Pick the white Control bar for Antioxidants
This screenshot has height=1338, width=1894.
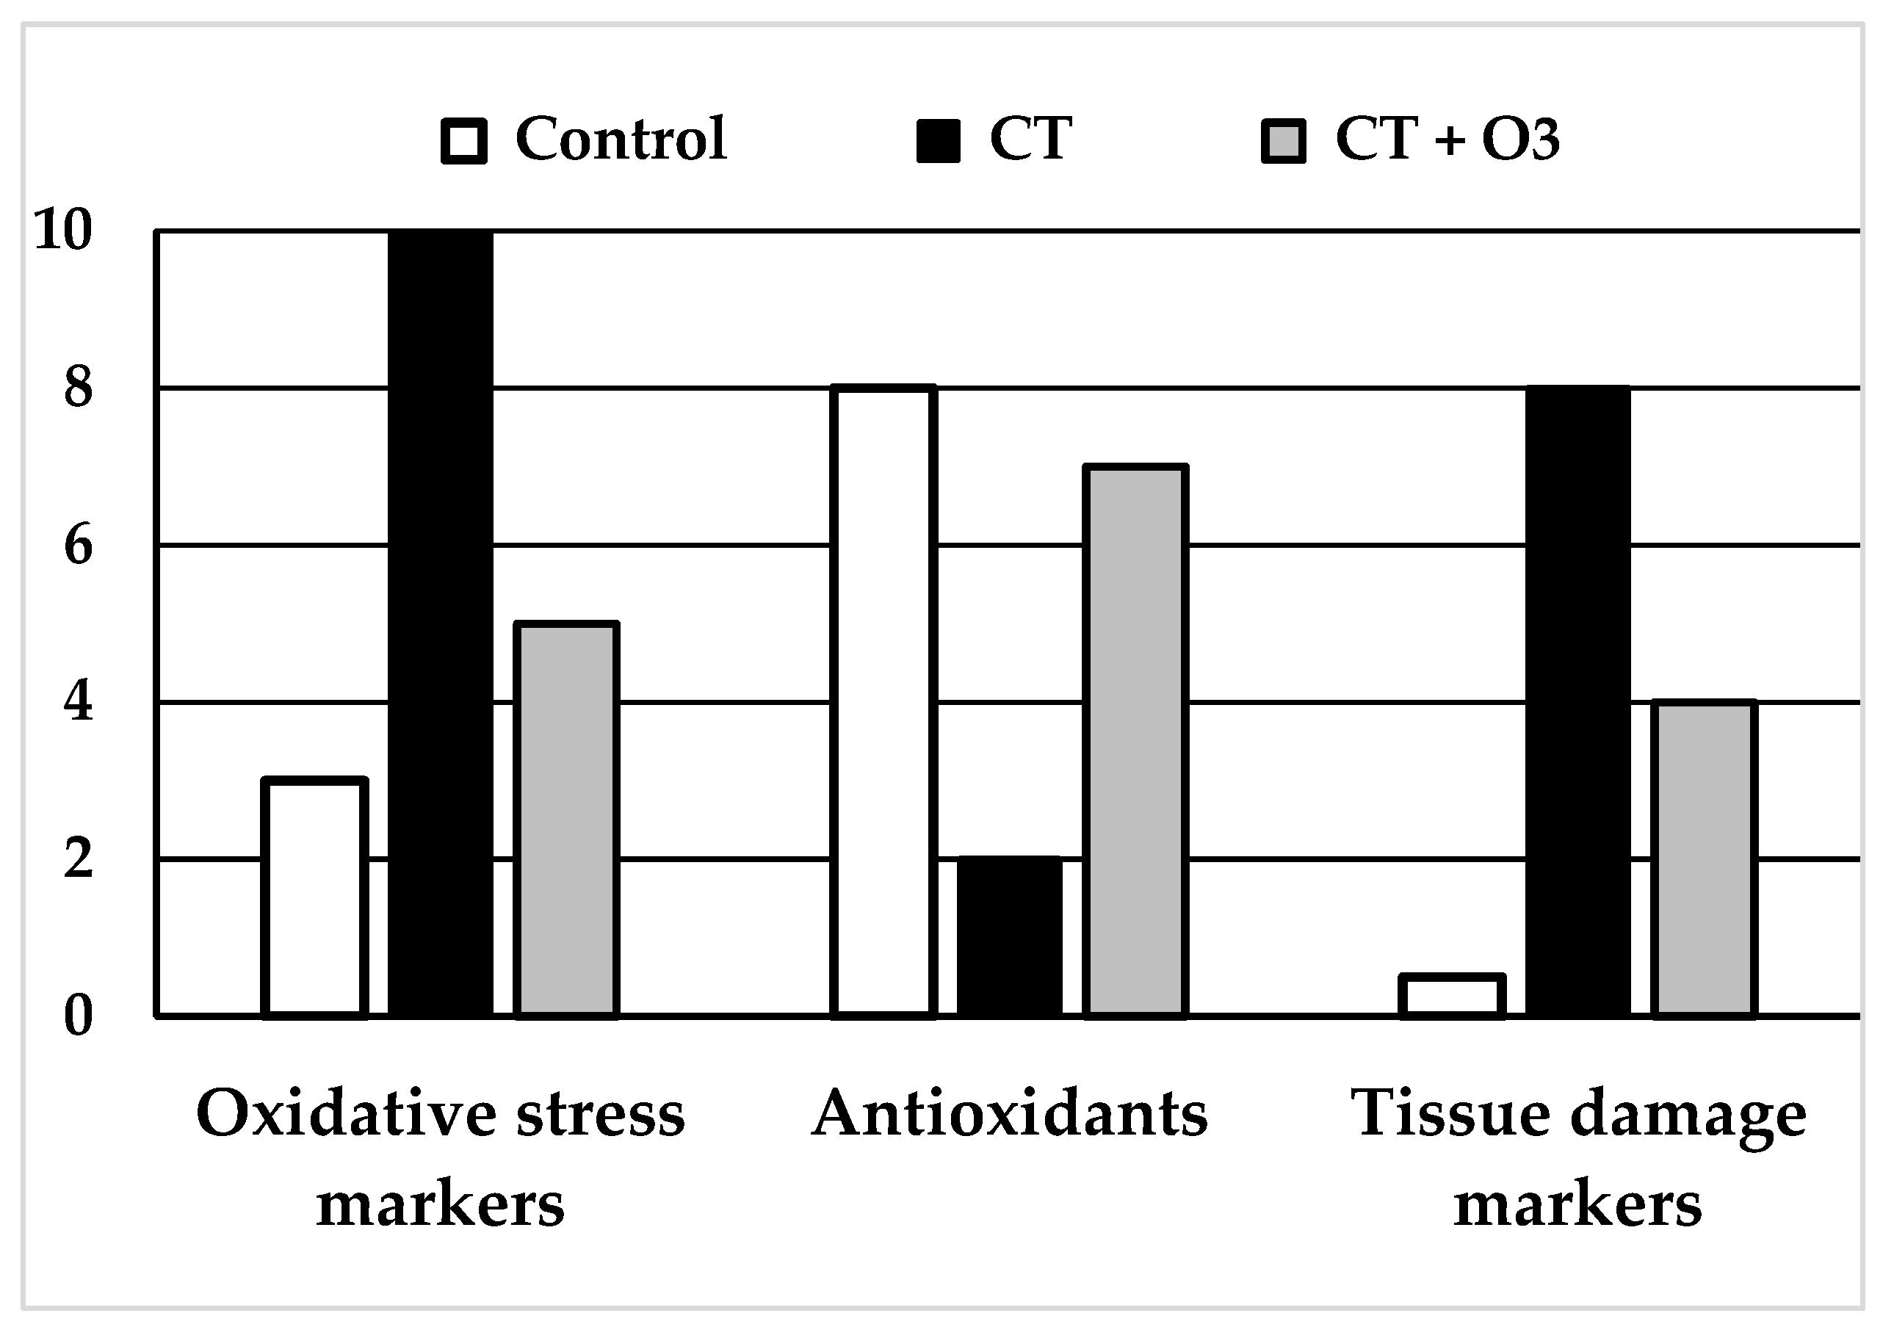[883, 701]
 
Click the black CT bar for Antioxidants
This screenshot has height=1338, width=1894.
[1010, 937]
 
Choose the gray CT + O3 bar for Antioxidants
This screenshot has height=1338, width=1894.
[1136, 741]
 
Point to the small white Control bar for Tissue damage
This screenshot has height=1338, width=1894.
[1453, 996]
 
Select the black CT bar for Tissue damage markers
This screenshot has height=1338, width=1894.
[1578, 701]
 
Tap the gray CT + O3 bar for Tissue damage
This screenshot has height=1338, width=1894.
[1705, 858]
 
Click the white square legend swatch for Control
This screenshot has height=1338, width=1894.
[463, 141]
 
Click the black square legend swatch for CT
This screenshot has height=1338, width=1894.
[938, 141]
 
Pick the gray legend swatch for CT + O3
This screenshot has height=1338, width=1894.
[1284, 141]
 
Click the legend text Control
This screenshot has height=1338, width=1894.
[621, 139]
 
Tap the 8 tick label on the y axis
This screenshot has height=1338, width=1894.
[79, 387]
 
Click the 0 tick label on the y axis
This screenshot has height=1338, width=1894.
[79, 1016]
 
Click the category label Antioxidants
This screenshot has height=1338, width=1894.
[1010, 1113]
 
